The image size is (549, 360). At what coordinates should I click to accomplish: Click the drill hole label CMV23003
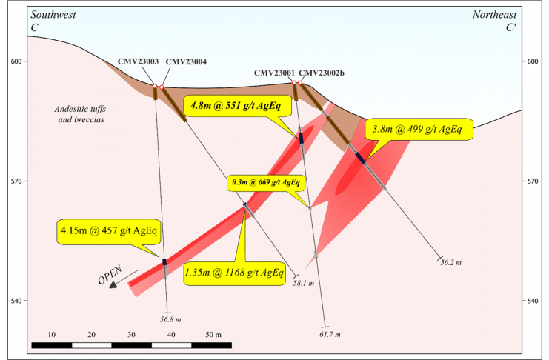[138, 61]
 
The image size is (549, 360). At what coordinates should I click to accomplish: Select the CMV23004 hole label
[186, 62]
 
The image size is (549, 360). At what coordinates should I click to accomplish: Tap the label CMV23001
[274, 73]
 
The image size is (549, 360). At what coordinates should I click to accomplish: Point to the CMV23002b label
[322, 73]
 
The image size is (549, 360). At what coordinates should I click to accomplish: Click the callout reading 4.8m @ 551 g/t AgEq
[237, 105]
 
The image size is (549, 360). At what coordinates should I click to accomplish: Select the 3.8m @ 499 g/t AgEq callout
[419, 129]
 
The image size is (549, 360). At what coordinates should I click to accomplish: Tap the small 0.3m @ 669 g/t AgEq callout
[266, 182]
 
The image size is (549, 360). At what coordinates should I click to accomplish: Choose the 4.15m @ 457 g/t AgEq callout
[108, 231]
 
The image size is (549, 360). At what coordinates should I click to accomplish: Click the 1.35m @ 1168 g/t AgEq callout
[234, 273]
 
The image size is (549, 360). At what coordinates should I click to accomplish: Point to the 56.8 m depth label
[170, 319]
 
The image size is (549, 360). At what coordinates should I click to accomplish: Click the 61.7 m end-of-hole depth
[330, 334]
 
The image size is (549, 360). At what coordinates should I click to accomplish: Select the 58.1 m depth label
[304, 283]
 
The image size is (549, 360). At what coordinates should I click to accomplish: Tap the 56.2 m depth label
[451, 263]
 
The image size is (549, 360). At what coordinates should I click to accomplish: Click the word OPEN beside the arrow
[110, 274]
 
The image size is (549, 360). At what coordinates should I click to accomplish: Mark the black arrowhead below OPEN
[113, 285]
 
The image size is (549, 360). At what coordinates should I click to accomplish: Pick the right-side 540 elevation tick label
[533, 301]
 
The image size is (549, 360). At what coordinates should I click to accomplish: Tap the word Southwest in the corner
[53, 15]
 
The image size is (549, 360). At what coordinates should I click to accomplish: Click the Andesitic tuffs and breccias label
[80, 114]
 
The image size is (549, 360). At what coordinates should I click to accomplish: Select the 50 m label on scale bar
[213, 335]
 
